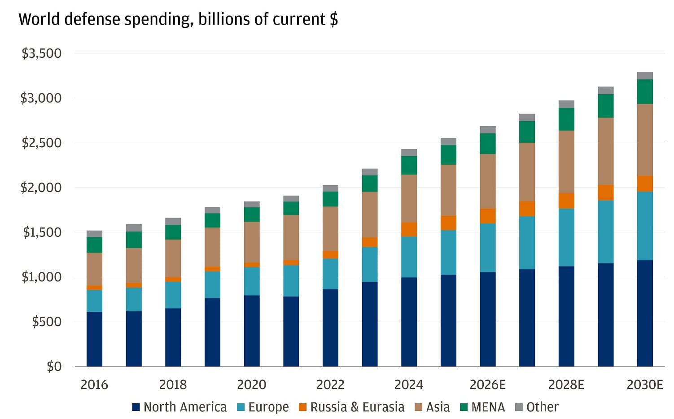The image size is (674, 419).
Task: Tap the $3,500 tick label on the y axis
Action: (42, 53)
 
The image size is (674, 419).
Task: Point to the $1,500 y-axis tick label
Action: (42, 232)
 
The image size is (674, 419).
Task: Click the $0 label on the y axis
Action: (54, 367)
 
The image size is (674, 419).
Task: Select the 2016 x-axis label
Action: (94, 384)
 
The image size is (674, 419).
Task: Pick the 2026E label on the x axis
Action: (487, 384)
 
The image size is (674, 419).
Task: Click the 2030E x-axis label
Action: (644, 384)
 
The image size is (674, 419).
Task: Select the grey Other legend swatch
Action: (519, 407)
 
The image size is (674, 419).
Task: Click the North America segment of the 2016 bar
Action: (94, 339)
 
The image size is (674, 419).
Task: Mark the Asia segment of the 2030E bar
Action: (645, 140)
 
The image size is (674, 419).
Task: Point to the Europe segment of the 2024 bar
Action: (409, 257)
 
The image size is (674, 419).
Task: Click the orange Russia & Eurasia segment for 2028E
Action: (566, 201)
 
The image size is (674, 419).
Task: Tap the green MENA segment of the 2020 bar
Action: (252, 214)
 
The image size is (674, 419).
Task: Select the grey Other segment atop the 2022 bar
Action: (330, 188)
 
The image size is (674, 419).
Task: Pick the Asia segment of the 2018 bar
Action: (173, 258)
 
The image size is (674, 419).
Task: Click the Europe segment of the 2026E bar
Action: (487, 248)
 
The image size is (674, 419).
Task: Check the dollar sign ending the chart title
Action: (333, 20)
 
